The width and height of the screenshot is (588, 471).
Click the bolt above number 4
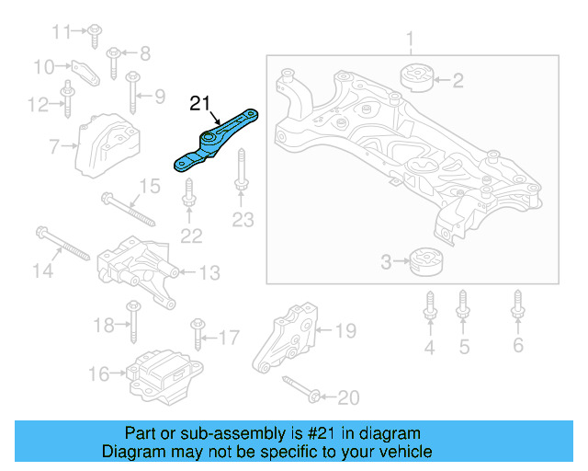(x=429, y=307)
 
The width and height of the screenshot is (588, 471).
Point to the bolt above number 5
(x=463, y=307)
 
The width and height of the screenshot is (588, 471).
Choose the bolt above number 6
(x=518, y=307)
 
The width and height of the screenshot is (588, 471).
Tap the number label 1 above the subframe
(x=411, y=40)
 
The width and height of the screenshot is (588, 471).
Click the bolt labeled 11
(x=95, y=34)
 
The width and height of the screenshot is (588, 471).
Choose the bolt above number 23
(x=241, y=175)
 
